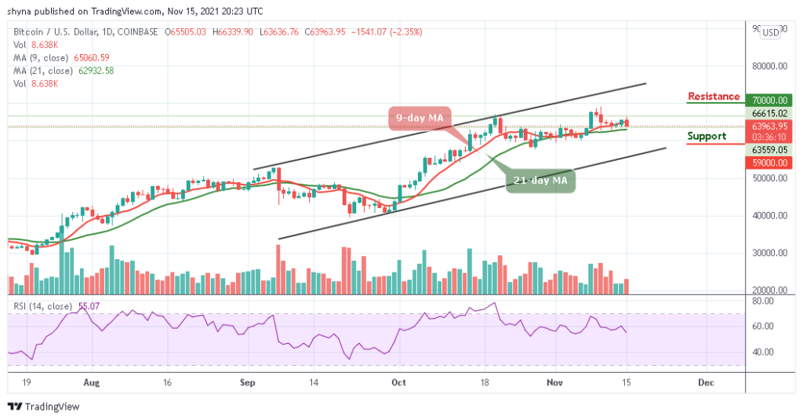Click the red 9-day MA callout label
[420, 118]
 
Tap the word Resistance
[713, 97]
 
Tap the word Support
[705, 136]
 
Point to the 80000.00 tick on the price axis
[767, 66]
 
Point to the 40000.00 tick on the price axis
[767, 215]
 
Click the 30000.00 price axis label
[767, 253]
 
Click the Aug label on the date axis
[92, 383]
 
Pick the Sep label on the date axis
[248, 383]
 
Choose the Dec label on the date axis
[705, 383]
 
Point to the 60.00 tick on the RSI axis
[764, 326]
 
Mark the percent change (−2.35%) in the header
[408, 32]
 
